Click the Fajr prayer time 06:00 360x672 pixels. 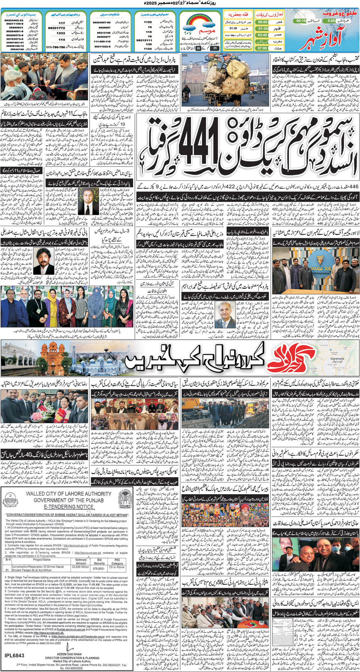coord(262,22)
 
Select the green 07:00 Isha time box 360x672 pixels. coord(262,48)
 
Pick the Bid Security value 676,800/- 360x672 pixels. coord(99,568)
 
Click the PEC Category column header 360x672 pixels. coord(117,561)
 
